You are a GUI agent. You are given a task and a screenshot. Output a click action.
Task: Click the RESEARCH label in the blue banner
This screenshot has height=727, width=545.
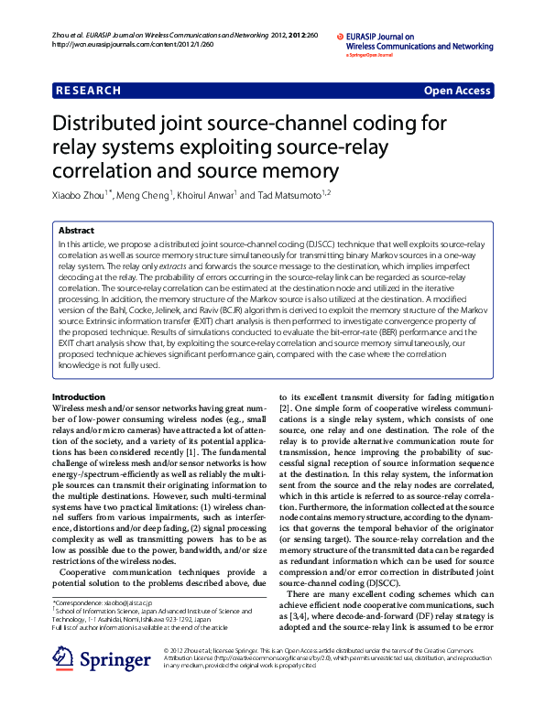pos(88,91)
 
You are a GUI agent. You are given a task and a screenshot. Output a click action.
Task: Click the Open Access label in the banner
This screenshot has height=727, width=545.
pos(456,91)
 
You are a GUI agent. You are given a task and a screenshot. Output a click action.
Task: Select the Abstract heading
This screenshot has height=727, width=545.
pos(76,230)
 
